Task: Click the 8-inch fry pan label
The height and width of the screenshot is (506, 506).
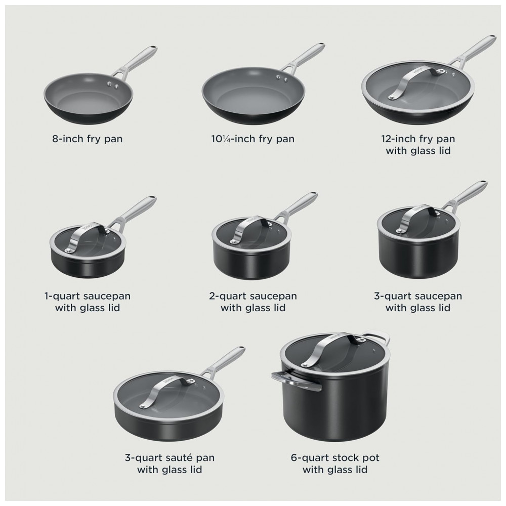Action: point(88,139)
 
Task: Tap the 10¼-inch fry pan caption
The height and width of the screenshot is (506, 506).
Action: point(252,139)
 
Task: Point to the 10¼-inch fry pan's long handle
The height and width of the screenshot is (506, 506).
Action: point(303,58)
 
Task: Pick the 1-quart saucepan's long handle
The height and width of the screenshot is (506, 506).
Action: point(136,212)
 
